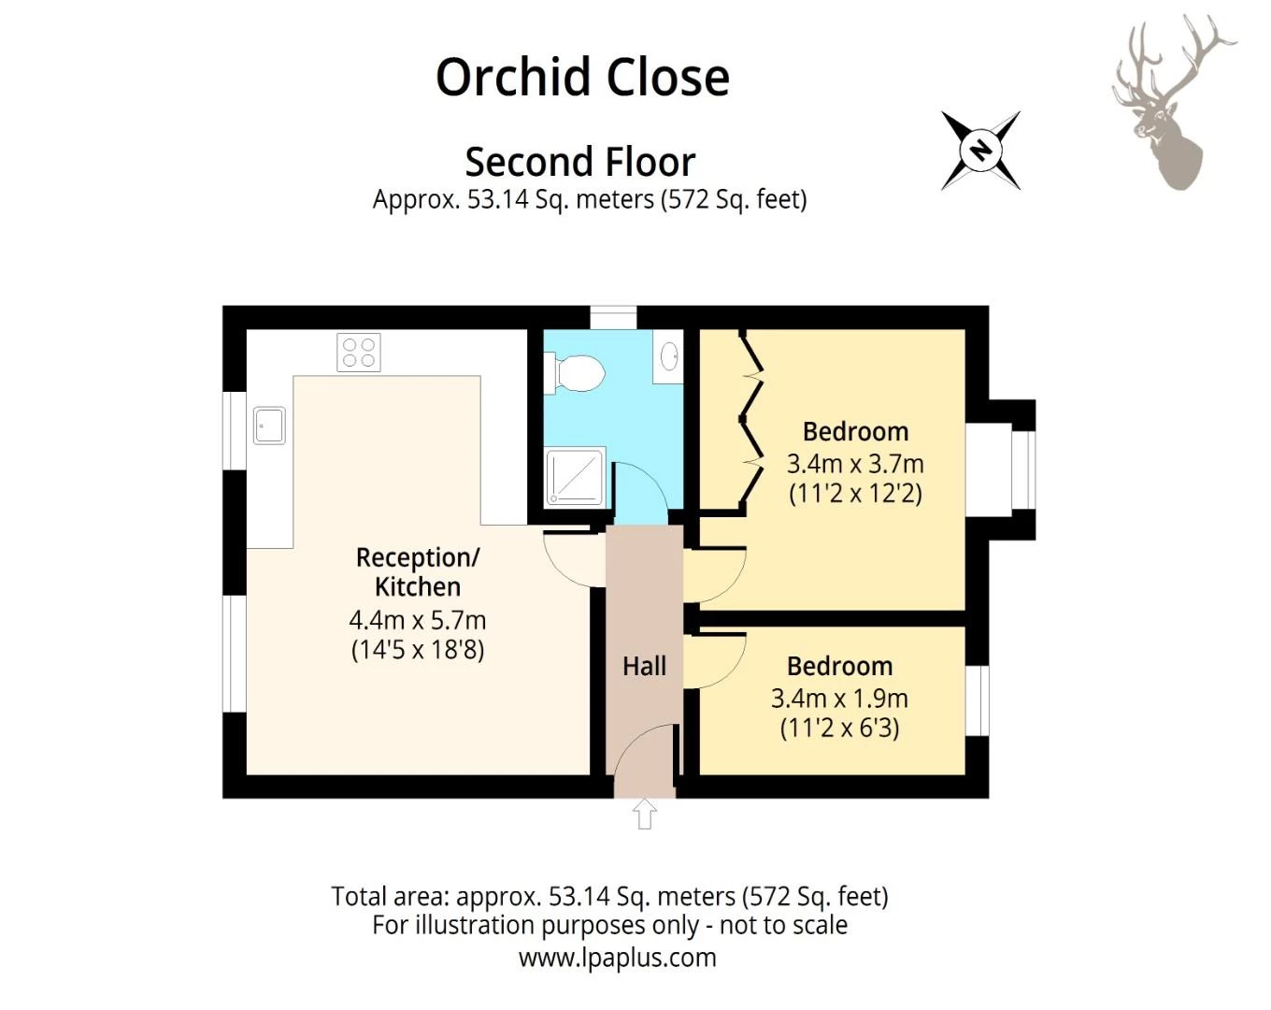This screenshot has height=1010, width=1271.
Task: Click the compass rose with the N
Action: pos(980,151)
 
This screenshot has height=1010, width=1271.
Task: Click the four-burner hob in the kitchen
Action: pos(359,353)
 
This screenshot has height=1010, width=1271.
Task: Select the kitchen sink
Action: pos(269,426)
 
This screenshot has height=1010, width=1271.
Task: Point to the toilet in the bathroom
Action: pos(578,373)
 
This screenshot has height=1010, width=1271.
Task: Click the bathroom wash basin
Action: pos(669,356)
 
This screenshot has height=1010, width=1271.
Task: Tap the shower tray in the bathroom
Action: pos(575,477)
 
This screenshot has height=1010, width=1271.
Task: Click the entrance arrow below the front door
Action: pos(644,814)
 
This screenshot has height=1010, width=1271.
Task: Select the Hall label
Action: pos(644,666)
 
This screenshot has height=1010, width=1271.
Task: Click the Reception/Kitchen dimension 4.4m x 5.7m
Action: pos(418,620)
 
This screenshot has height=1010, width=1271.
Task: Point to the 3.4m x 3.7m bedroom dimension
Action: pos(855,463)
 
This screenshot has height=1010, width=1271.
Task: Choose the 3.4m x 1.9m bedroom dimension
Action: pos(839,698)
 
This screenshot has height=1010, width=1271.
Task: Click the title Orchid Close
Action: pos(582,77)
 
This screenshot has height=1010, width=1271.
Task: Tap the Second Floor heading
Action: pos(580,162)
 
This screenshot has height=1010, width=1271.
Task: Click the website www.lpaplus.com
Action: pos(618,958)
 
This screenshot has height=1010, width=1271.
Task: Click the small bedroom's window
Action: pos(977,700)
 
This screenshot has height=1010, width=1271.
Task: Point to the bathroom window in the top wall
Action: pos(613,317)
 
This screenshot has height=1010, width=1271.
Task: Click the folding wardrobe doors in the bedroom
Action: pos(752,421)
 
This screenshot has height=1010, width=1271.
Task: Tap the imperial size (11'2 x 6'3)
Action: pos(839,728)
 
